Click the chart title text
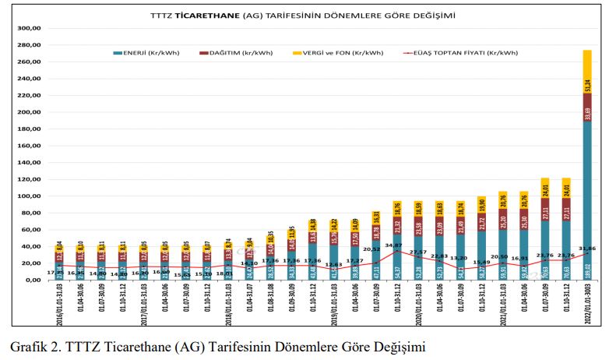click(303, 15)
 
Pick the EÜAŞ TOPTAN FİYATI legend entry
click(467, 53)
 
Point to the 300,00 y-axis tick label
click(28, 28)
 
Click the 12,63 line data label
click(333, 264)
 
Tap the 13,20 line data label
click(459, 258)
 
